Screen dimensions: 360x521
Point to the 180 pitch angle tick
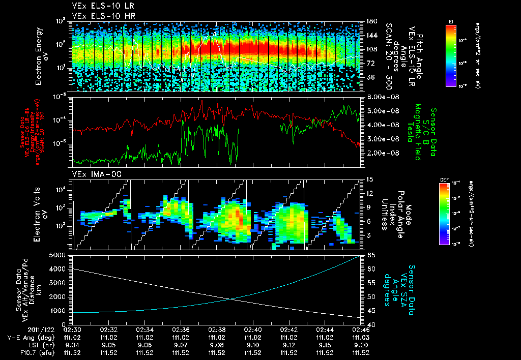coord(370,21)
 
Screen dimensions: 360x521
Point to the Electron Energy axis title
coord(40,56)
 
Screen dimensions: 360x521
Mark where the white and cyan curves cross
coord(231,299)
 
